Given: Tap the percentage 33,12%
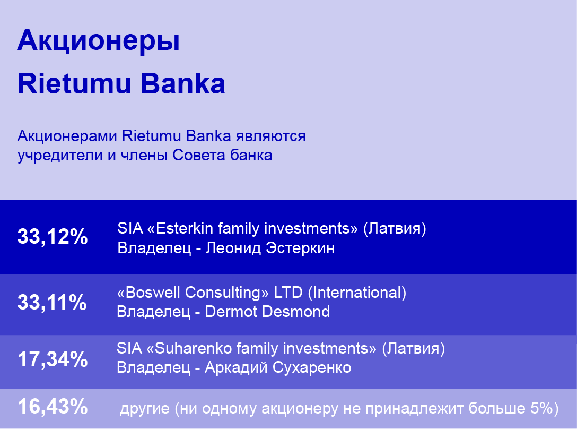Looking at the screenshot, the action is pyautogui.click(x=53, y=236).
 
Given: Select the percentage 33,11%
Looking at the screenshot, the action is pyautogui.click(x=53, y=302).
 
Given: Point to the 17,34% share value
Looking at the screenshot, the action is pyautogui.click(x=53, y=359).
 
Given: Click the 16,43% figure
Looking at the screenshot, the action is pyautogui.click(x=53, y=407).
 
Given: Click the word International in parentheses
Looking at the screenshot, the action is pyautogui.click(x=357, y=293).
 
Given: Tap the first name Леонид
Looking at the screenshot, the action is pyautogui.click(x=233, y=248).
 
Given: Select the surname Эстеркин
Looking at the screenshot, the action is pyautogui.click(x=300, y=248).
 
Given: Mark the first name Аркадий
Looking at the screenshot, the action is pyautogui.click(x=236, y=368).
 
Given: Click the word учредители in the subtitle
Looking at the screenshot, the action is pyautogui.click(x=60, y=156).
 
